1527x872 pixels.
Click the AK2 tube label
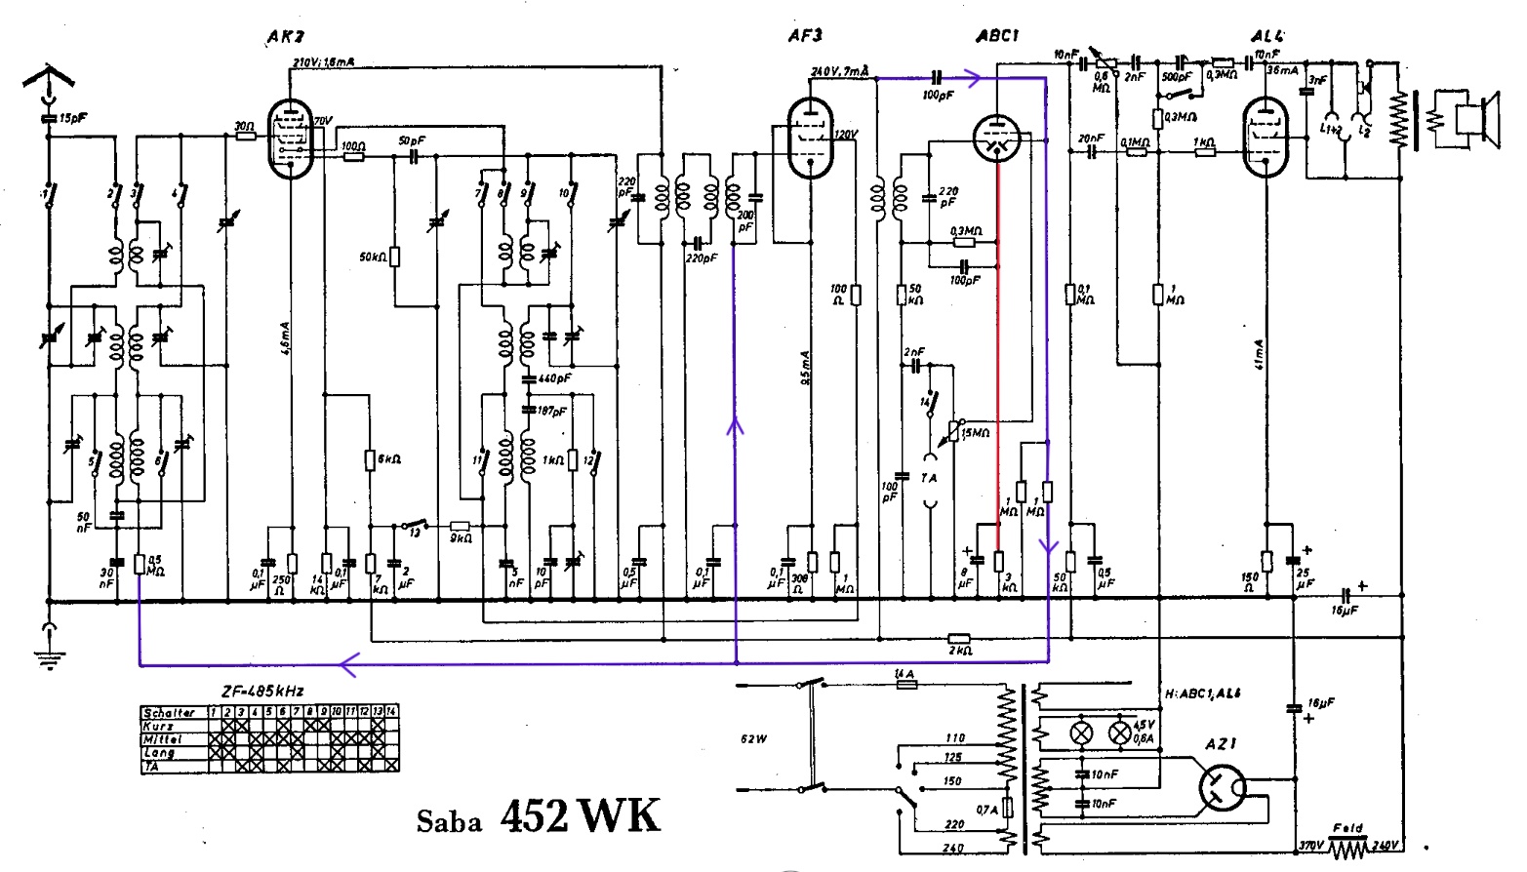point(285,37)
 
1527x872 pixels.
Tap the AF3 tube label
point(805,36)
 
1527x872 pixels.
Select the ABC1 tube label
point(997,36)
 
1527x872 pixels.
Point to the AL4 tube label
point(1267,37)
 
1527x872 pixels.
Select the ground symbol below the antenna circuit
point(48,649)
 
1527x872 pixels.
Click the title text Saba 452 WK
point(539,817)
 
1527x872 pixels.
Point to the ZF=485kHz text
point(262,692)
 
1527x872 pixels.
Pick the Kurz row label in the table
point(159,726)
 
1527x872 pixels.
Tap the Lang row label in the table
point(159,753)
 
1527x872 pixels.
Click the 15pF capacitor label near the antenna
point(72,119)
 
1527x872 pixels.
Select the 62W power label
point(754,738)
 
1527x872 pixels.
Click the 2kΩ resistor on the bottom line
point(959,639)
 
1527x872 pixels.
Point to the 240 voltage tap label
point(953,849)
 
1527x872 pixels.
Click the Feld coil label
point(1348,829)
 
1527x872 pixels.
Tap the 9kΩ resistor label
point(461,538)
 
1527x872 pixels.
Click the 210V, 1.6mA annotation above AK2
point(324,62)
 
